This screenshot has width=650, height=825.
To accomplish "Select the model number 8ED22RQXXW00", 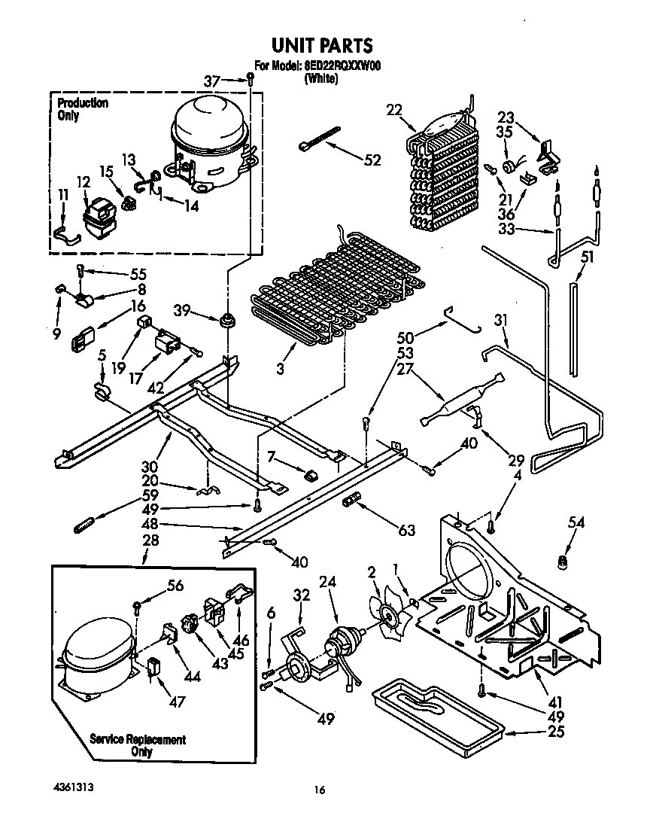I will click(x=342, y=66).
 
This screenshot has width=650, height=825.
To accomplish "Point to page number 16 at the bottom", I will click(x=320, y=790).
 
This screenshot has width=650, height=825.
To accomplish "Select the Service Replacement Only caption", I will click(x=138, y=745).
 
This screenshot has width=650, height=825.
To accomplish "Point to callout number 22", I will click(x=394, y=109).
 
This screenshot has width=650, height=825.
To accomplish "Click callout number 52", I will click(x=372, y=160).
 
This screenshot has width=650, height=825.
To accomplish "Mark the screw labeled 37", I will click(x=249, y=78).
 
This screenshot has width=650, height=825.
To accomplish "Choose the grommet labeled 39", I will click(x=225, y=322).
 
